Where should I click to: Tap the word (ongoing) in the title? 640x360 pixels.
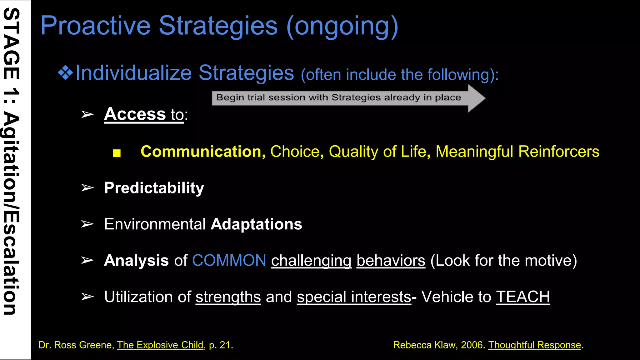tap(342, 26)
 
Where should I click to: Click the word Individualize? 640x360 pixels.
tap(133, 73)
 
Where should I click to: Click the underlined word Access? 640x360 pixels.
tap(135, 114)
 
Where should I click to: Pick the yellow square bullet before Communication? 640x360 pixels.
tap(117, 153)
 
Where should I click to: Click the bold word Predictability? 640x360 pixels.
tap(154, 188)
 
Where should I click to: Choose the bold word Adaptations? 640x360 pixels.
tap(256, 224)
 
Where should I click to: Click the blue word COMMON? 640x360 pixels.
tap(229, 260)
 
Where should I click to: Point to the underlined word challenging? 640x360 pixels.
tap(311, 261)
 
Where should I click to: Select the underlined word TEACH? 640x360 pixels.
tap(523, 297)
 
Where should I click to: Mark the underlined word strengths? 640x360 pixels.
tap(228, 297)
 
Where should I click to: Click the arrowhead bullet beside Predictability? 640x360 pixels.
tap(87, 188)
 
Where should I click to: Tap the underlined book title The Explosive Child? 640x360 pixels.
tap(160, 345)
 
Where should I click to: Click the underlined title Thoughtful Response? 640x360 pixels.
tap(534, 345)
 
